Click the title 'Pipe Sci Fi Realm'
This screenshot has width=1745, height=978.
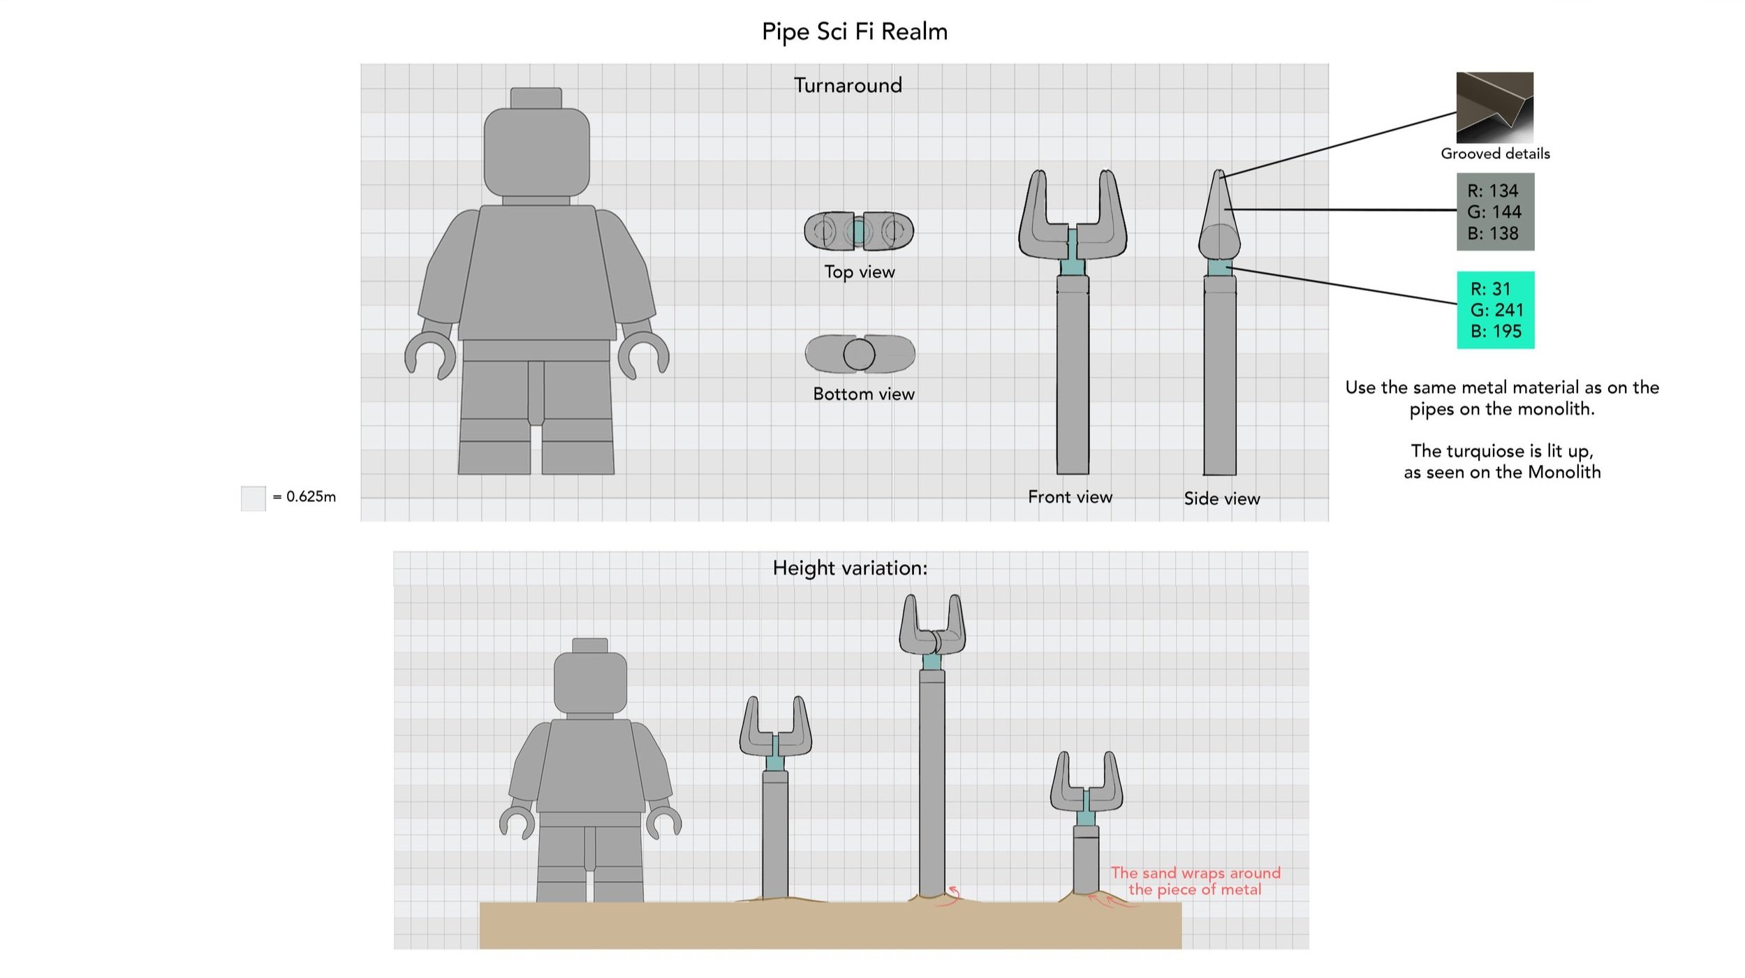click(854, 31)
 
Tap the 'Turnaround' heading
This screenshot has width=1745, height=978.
click(848, 85)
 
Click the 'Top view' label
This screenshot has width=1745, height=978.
click(859, 272)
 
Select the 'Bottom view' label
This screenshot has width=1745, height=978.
click(863, 394)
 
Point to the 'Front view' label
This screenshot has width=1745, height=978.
click(1070, 497)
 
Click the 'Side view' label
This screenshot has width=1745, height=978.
click(1221, 498)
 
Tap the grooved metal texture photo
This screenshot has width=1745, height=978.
click(1494, 107)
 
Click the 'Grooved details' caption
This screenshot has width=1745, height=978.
click(1495, 154)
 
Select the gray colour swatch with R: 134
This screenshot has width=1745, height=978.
click(1495, 212)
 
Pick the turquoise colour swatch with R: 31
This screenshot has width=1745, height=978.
click(1495, 310)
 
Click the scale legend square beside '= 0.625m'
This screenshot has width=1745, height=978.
click(253, 498)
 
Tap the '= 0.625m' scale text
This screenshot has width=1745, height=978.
click(304, 496)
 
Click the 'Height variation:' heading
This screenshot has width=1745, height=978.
click(850, 568)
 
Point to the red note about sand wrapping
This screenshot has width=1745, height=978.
click(1194, 881)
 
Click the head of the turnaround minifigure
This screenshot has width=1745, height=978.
click(536, 150)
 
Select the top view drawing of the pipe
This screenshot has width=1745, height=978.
click(859, 231)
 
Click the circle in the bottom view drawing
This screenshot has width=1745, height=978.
click(859, 355)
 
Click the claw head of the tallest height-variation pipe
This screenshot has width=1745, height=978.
click(932, 625)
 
